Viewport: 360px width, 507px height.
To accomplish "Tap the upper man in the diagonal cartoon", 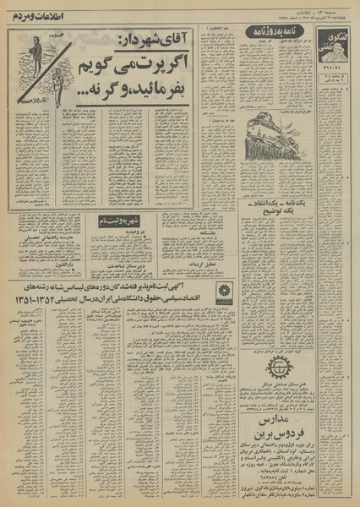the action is coord(37,51).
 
